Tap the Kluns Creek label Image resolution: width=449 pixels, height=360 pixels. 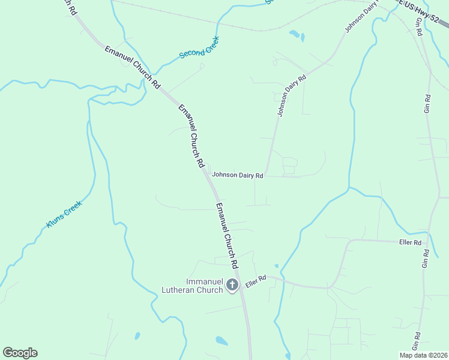tap(64, 215)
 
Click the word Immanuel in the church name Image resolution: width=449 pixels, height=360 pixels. tap(204, 281)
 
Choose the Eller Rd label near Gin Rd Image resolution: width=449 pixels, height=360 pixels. tap(411, 243)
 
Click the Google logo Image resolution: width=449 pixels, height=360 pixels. tap(20, 353)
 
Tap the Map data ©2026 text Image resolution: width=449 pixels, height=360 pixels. tap(423, 355)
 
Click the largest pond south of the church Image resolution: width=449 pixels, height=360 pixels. tap(221, 341)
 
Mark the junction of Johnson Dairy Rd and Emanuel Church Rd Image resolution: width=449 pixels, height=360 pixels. tap(208, 176)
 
